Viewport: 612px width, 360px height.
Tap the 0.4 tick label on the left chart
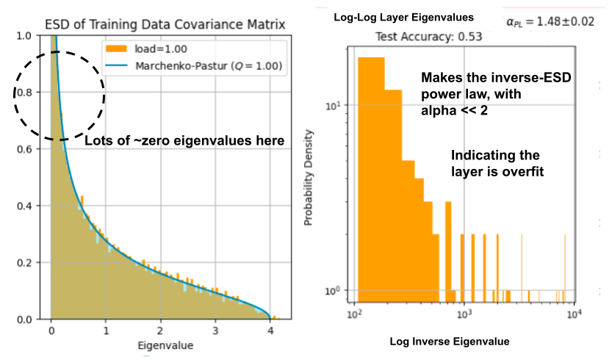(x=25, y=206)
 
